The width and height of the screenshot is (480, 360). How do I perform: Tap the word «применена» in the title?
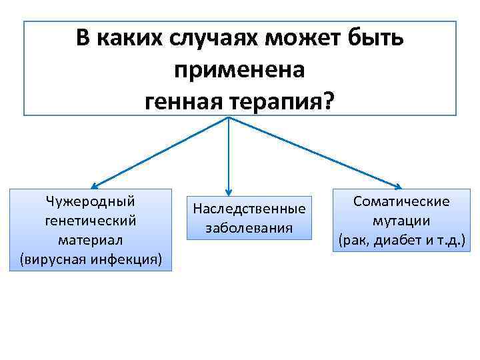click(239, 69)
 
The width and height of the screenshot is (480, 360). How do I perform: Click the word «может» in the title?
click(305, 39)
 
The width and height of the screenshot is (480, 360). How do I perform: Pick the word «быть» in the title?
click(376, 39)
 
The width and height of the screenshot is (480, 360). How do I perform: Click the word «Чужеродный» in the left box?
click(90, 201)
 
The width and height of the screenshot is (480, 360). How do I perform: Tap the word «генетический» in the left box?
click(90, 219)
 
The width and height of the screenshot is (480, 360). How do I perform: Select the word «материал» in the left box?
click(90, 239)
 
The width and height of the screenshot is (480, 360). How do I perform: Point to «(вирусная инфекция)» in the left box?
click(90, 258)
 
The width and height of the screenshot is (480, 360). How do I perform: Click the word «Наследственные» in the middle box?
click(249, 209)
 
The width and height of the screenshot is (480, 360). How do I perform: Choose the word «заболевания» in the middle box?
click(249, 228)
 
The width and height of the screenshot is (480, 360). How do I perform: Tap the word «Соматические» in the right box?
click(401, 201)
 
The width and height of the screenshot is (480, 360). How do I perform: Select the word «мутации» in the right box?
click(401, 221)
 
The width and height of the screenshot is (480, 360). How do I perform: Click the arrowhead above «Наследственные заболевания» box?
click(229, 191)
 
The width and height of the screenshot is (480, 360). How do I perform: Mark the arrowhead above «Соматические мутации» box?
click(401, 187)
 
